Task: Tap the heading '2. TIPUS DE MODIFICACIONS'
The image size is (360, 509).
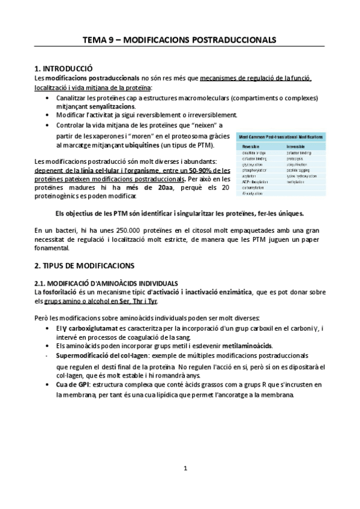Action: [85, 265]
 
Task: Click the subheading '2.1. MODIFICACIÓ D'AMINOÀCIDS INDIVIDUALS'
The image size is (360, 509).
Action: [106, 282]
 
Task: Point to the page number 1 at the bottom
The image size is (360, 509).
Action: [185, 468]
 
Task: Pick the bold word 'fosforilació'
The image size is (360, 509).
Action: [61, 292]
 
